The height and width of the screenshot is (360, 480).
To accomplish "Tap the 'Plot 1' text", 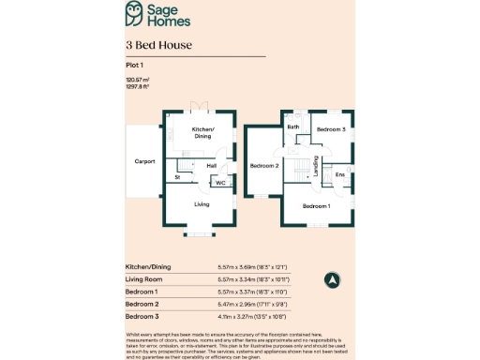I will click(x=136, y=65).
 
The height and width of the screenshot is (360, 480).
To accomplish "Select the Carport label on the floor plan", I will click(x=144, y=161).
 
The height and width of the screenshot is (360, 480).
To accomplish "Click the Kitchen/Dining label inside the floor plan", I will click(x=203, y=132).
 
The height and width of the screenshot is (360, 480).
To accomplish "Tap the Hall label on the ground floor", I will click(x=212, y=166).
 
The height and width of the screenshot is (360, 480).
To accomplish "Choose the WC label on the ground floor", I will click(x=221, y=183).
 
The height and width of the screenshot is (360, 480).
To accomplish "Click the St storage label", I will click(x=177, y=176).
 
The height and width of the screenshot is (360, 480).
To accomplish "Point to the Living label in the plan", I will click(x=202, y=203).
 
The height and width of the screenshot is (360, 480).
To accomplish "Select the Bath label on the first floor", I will click(x=293, y=127).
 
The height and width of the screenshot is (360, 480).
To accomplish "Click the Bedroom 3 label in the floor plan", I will click(x=330, y=128).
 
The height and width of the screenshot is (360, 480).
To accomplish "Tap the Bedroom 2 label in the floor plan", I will click(x=264, y=166).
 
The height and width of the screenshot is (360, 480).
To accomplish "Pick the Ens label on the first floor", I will click(x=339, y=174).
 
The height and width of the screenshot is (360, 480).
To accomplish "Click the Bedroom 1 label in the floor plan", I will click(x=316, y=205).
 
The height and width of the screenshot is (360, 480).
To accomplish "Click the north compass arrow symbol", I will click(x=331, y=279).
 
